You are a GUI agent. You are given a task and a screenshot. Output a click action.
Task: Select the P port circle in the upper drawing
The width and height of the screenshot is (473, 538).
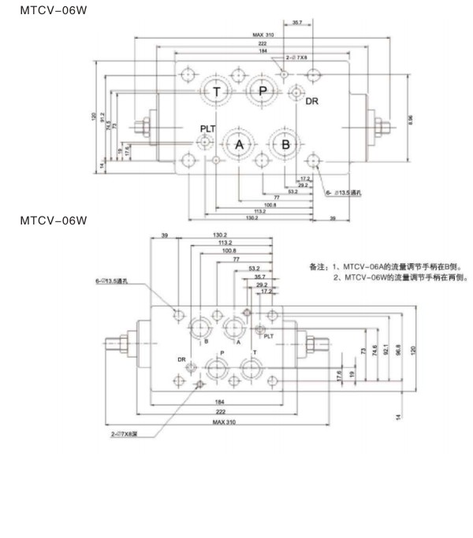pos(263,91)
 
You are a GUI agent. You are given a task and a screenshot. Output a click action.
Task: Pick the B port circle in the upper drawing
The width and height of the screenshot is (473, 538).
pos(285,143)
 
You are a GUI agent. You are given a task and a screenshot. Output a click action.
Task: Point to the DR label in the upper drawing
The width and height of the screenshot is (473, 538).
pos(312,102)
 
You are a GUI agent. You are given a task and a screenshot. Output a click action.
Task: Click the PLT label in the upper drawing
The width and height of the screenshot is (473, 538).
pos(208,128)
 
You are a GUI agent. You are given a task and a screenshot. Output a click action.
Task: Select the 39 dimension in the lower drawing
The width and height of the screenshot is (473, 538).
pos(165,235)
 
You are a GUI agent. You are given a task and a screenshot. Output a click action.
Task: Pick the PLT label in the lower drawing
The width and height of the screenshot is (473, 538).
pos(269,336)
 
